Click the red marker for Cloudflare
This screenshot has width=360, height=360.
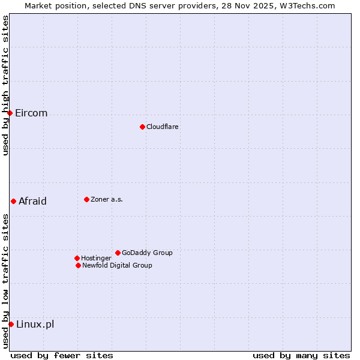[x=142, y=127]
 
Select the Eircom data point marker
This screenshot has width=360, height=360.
[x=10, y=113]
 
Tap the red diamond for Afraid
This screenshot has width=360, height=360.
[x=13, y=201]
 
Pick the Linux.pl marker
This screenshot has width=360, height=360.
[x=11, y=324]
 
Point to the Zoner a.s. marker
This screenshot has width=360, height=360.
[x=86, y=199]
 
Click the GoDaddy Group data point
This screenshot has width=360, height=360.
[x=118, y=253]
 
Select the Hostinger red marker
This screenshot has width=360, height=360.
[x=77, y=258]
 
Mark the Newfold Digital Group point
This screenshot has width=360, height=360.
[x=78, y=265]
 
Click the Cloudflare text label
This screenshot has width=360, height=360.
[x=163, y=127]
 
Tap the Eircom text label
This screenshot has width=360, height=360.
[x=31, y=113]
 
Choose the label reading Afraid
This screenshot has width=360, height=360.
[x=32, y=202]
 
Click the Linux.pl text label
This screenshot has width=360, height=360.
[x=35, y=325]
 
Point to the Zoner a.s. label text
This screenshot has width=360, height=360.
[x=107, y=199]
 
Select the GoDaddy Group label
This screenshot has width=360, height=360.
[x=147, y=253]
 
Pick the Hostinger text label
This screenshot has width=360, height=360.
[x=96, y=258]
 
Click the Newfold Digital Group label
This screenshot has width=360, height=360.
[x=117, y=265]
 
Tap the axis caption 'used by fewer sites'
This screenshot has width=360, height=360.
[x=62, y=355]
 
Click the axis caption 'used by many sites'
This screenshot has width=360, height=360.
[x=301, y=355]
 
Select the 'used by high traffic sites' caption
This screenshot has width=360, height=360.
[x=5, y=85]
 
